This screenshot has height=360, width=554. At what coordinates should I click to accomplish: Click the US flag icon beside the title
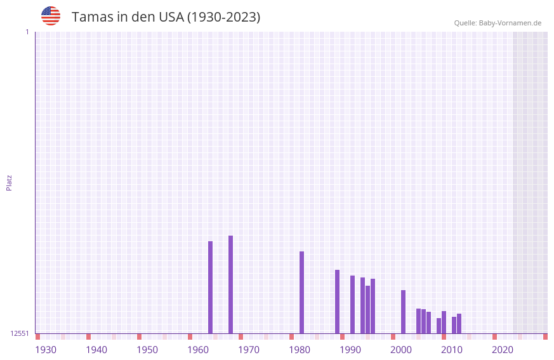(51, 16)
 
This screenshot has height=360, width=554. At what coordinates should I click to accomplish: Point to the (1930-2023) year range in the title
(223, 17)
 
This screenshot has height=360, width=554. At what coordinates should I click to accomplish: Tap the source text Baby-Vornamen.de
(510, 23)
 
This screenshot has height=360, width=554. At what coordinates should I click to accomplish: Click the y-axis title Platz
(9, 182)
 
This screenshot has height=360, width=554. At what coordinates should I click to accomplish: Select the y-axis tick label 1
(27, 32)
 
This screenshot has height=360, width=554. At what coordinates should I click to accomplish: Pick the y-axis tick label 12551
(20, 333)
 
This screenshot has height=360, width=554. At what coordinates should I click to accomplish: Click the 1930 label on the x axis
(46, 349)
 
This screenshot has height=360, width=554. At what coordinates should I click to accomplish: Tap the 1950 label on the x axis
(147, 349)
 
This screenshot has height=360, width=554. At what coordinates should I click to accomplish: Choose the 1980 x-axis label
(300, 349)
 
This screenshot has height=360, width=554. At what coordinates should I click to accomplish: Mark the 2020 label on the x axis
(503, 349)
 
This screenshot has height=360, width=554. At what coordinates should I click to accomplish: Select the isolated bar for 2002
(403, 312)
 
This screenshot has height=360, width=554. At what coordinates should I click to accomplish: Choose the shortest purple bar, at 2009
(439, 326)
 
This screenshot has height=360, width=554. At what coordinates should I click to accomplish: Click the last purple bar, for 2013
(459, 323)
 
